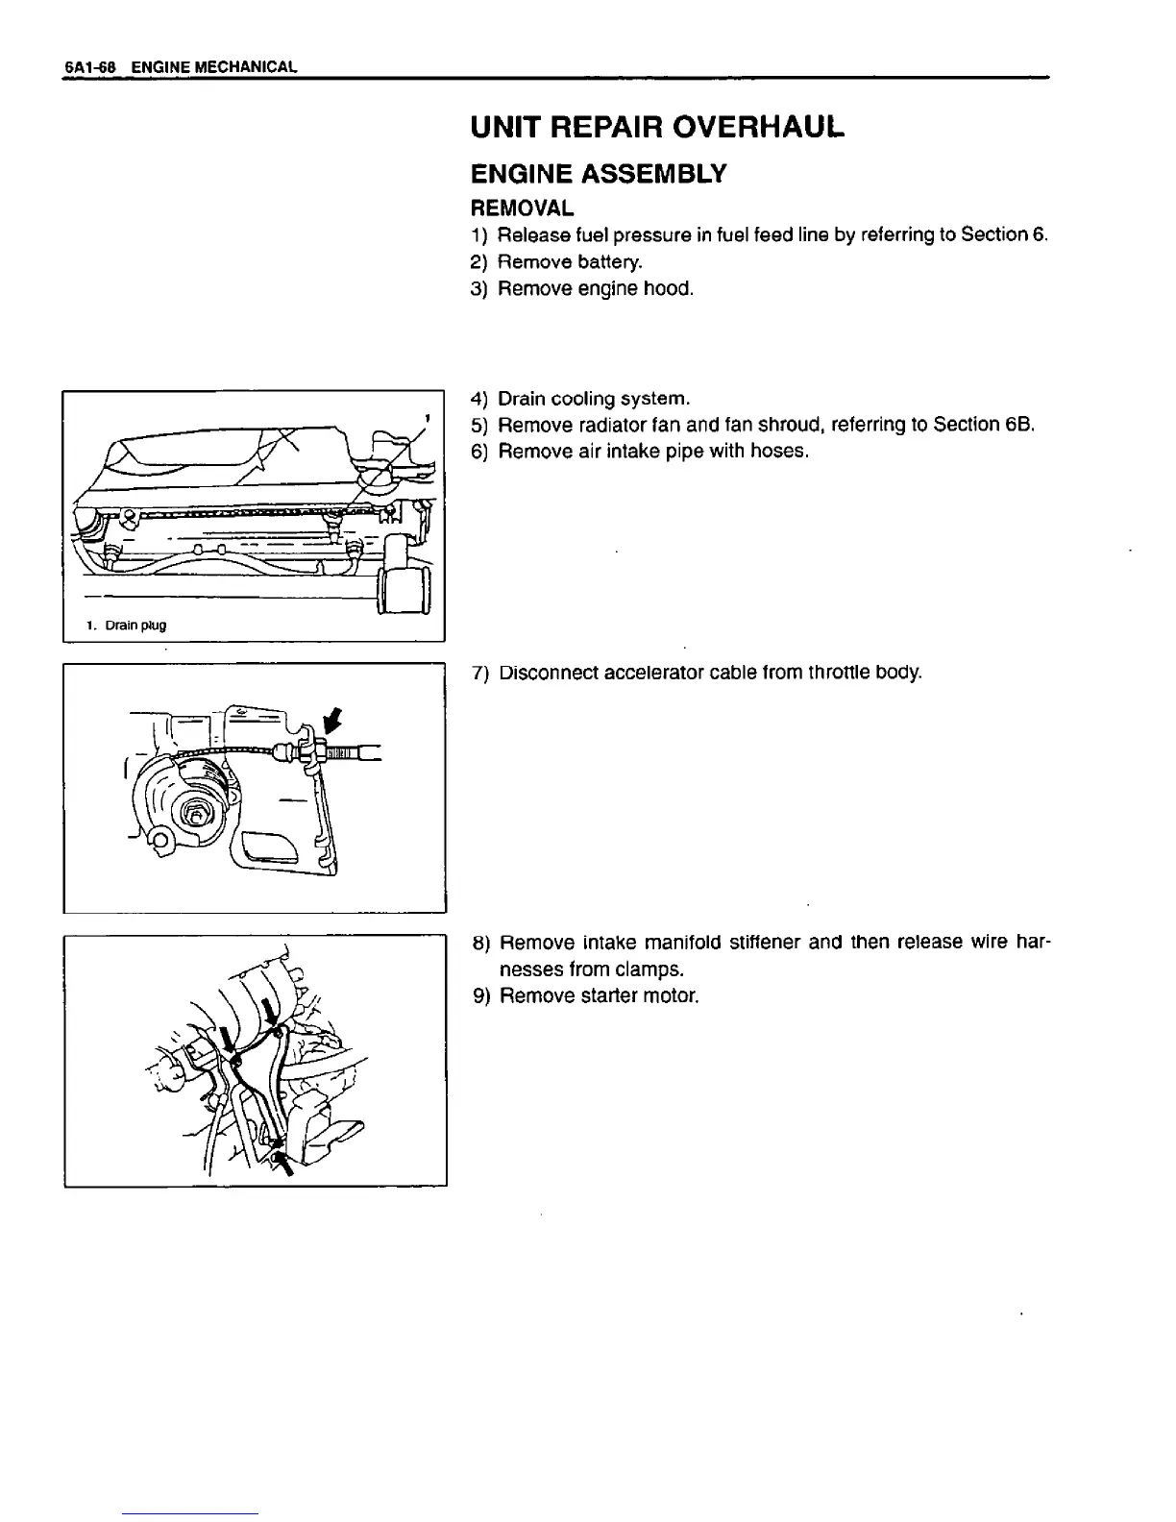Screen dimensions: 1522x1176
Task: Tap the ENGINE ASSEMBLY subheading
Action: (x=597, y=174)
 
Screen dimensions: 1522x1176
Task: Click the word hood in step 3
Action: (x=671, y=288)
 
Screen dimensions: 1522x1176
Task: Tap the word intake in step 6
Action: (x=648, y=451)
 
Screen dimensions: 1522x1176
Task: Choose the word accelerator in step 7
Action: (x=639, y=673)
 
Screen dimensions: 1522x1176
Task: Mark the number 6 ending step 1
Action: (x=1039, y=235)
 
